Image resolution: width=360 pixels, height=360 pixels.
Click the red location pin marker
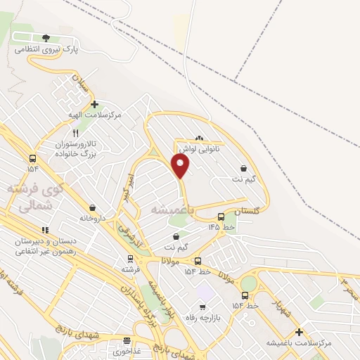[181, 166]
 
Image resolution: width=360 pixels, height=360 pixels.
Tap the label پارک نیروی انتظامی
[47, 51]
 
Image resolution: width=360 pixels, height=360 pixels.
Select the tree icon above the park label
[46, 38]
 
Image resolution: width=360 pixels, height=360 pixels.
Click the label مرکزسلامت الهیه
[99, 114]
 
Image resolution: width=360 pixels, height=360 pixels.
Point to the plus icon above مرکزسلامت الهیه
[94, 104]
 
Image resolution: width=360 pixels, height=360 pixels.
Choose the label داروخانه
[92, 218]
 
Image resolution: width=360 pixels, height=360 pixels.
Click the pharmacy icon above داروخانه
[92, 207]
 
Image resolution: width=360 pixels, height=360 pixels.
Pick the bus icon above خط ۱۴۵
[221, 217]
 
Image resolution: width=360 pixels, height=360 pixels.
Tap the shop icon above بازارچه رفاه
[202, 307]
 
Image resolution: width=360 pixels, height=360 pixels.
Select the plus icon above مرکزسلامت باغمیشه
[299, 332]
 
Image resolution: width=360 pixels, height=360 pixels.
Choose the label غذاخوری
[128, 349]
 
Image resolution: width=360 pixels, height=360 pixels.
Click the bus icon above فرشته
[131, 258]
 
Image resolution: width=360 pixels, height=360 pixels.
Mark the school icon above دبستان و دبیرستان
[45, 229]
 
